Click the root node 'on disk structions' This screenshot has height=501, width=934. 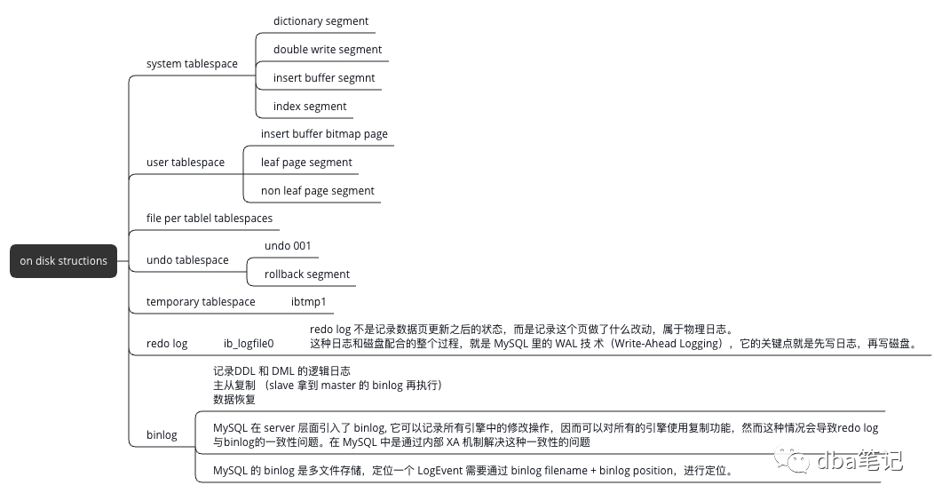click(64, 261)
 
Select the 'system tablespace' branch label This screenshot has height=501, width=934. click(192, 64)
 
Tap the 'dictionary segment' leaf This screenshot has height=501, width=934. click(321, 21)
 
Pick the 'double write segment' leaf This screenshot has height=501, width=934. click(328, 50)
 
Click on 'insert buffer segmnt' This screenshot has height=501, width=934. click(324, 78)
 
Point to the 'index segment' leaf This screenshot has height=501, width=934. click(310, 107)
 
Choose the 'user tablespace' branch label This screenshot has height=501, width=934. click(186, 163)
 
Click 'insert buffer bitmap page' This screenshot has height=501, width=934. click(324, 134)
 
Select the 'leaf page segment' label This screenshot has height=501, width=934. click(306, 163)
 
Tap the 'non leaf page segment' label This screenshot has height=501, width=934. click(317, 191)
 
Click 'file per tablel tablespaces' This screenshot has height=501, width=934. click(210, 219)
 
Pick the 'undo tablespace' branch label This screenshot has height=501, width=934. click(187, 260)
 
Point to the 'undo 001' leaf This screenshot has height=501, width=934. click(288, 246)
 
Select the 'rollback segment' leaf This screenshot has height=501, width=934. click(307, 274)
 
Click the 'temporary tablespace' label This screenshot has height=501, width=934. click(201, 302)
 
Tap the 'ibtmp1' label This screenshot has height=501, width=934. click(309, 302)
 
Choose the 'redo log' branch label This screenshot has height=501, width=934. click(167, 343)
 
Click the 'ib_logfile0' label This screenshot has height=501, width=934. click(249, 343)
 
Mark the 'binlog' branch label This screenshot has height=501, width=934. click(162, 435)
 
